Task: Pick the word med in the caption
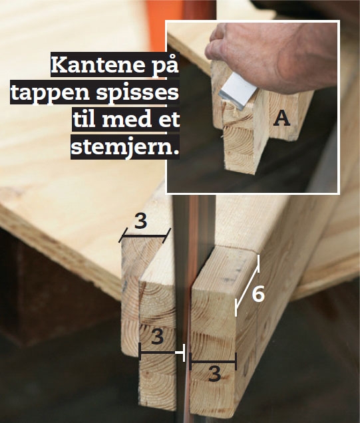[128, 120]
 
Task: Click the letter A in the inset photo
[282, 118]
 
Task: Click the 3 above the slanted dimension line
[140, 221]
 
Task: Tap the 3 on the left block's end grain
[157, 337]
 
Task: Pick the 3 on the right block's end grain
[214, 374]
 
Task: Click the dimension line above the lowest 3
[213, 362]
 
